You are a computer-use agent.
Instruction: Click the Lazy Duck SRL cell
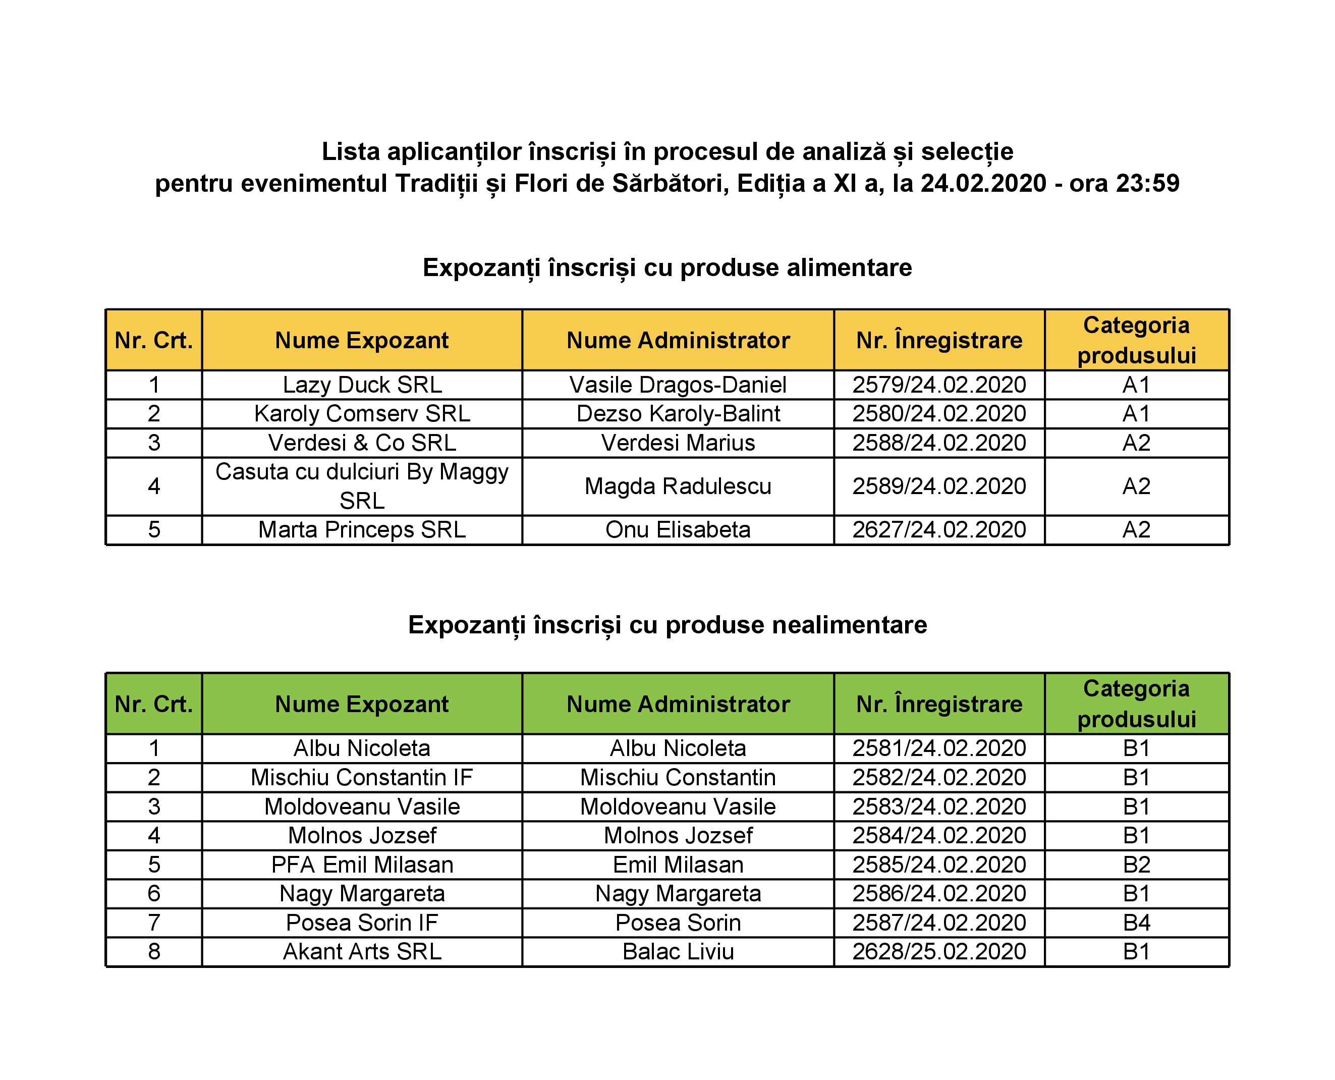click(x=362, y=385)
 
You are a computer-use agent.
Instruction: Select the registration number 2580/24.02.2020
click(x=939, y=414)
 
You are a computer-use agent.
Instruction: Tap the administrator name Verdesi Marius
click(x=678, y=443)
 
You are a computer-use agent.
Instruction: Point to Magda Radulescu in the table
click(x=678, y=487)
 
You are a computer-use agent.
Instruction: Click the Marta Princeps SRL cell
click(x=362, y=530)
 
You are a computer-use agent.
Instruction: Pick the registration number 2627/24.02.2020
click(x=939, y=530)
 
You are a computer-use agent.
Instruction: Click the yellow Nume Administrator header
click(x=678, y=340)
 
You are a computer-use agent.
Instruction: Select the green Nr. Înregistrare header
click(x=939, y=704)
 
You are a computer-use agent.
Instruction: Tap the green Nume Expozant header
click(x=362, y=704)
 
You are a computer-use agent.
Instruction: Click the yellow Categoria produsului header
click(x=1137, y=340)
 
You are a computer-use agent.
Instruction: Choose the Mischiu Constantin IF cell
click(x=362, y=778)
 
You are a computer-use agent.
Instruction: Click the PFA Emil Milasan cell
click(x=362, y=865)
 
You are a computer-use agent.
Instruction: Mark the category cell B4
click(x=1137, y=923)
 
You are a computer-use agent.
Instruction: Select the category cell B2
click(x=1137, y=865)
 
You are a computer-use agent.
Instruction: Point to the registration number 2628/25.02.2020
click(x=939, y=952)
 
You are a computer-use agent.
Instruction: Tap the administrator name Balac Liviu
click(x=678, y=952)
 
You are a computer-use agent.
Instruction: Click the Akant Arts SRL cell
click(x=362, y=952)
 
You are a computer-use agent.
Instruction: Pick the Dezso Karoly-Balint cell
click(x=678, y=414)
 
